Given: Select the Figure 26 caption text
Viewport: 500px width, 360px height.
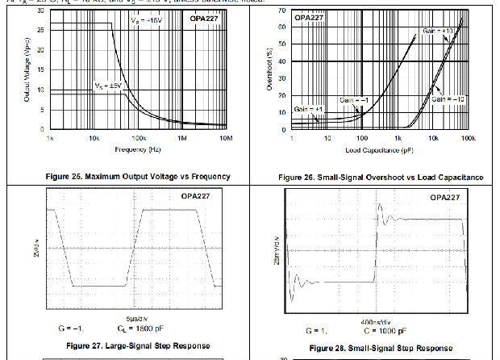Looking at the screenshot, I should tap(381, 177).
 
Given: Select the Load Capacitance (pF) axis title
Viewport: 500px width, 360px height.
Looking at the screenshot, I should tap(379, 150).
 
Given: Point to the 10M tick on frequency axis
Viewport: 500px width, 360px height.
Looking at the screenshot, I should tap(227, 138).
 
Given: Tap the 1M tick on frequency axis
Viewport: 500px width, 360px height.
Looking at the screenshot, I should tap(182, 138).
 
